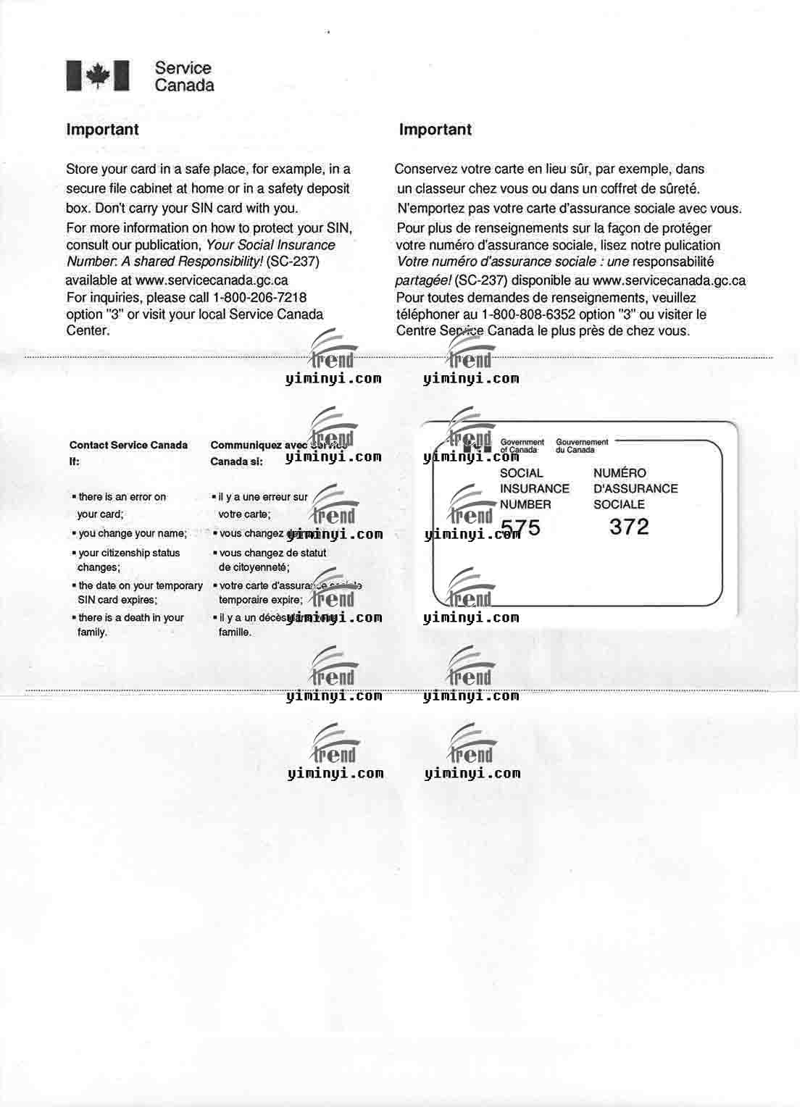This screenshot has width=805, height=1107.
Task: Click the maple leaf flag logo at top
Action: [98, 75]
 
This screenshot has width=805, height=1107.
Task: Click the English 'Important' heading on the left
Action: [102, 130]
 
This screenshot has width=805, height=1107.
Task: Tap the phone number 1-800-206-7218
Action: [259, 298]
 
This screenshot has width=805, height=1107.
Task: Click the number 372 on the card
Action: [629, 527]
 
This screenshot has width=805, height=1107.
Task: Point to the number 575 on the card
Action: [521, 527]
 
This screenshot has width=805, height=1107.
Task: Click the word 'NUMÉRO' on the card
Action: [620, 473]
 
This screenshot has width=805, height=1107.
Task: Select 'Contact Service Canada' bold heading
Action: [128, 446]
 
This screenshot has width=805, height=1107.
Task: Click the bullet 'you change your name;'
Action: [132, 533]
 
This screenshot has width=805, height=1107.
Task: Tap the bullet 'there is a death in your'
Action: [130, 618]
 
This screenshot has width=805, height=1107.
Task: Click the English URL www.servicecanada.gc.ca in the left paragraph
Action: [212, 280]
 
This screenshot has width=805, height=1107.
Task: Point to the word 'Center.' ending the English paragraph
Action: [88, 331]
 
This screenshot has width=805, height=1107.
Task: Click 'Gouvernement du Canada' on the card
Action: [582, 446]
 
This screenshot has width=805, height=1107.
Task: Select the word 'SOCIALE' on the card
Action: [619, 504]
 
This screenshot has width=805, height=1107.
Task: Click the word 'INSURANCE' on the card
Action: [535, 489]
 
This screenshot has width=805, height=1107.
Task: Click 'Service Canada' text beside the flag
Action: [184, 77]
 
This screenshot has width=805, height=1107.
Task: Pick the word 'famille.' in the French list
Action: [235, 632]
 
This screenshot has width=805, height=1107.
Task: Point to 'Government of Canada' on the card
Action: [522, 446]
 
